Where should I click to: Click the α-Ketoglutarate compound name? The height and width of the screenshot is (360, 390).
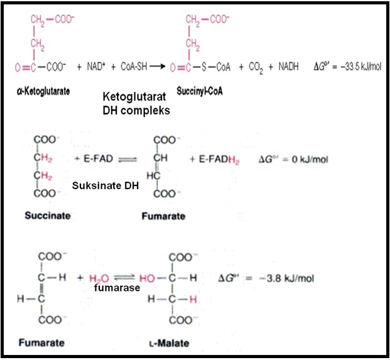[x=43, y=91]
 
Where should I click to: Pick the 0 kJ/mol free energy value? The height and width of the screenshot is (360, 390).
[x=295, y=160]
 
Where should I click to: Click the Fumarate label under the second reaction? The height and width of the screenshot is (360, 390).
[x=164, y=215]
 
